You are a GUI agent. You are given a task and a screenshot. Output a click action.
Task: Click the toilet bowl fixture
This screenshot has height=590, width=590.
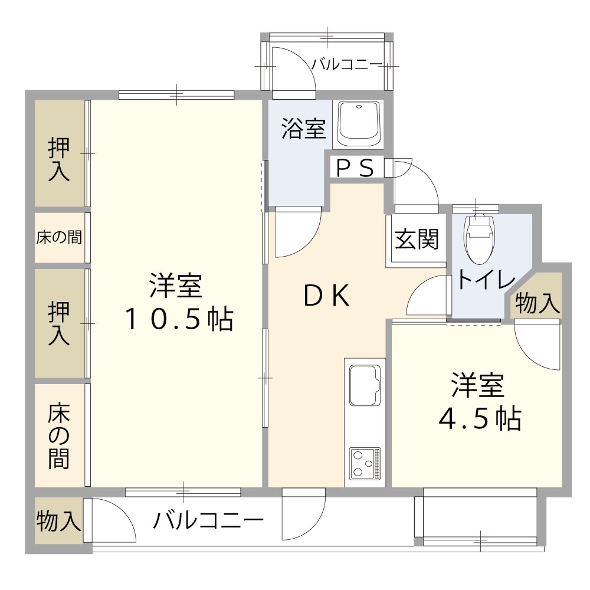pyautogui.click(x=480, y=239)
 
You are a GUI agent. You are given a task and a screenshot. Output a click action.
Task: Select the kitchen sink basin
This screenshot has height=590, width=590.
pyautogui.click(x=364, y=385)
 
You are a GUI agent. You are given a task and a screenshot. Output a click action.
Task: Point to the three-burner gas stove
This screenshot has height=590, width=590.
pyautogui.click(x=365, y=464)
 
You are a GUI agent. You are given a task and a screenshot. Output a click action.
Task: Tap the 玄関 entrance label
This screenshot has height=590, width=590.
pyautogui.click(x=417, y=239)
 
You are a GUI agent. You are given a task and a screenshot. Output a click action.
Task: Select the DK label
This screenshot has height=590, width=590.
pyautogui.click(x=327, y=296)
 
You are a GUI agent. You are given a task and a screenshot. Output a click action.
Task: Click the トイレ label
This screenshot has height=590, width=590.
pyautogui.click(x=486, y=279)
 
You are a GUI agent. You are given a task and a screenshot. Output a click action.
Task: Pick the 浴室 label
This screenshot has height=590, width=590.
pyautogui.click(x=304, y=129)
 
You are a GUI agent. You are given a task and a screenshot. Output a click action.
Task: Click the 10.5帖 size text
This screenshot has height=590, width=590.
pyautogui.click(x=179, y=319)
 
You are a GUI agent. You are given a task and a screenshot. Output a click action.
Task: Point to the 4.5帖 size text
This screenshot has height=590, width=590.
pyautogui.click(x=480, y=419)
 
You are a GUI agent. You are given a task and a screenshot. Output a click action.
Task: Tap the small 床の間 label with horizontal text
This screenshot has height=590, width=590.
pyautogui.click(x=59, y=237)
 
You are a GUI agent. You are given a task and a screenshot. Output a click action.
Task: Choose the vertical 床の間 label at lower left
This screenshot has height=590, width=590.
pyautogui.click(x=59, y=435)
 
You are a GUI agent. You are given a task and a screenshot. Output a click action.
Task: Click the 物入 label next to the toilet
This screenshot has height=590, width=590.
pyautogui.click(x=537, y=303)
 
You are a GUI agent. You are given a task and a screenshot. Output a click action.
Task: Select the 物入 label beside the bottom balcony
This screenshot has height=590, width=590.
pyautogui.click(x=58, y=521)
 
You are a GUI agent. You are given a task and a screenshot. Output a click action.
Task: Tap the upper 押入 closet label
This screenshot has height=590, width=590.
pyautogui.click(x=59, y=159)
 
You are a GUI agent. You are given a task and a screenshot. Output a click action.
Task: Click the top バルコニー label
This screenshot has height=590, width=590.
pyautogui.click(x=346, y=65)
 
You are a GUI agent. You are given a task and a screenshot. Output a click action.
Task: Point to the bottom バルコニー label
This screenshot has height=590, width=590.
pyautogui.click(x=208, y=520)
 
